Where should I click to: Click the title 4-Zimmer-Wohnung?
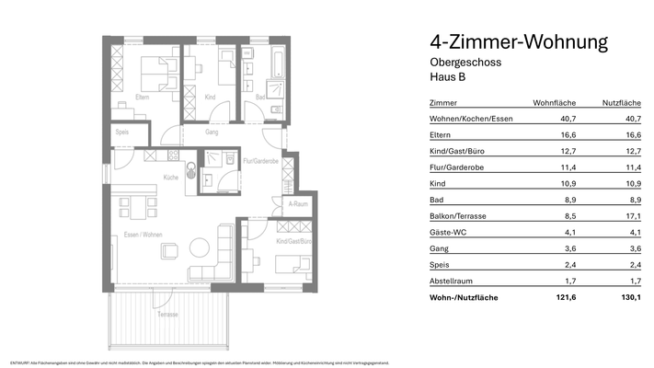[x=519, y=42]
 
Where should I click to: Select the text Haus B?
[x=447, y=77]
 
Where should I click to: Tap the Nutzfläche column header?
[x=621, y=103]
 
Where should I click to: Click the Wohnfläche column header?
[x=555, y=103]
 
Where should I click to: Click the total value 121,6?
[x=564, y=297]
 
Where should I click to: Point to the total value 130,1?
[x=630, y=297]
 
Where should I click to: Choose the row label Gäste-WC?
[x=448, y=233]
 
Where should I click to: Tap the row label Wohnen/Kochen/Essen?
[x=471, y=120]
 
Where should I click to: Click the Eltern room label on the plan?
[x=143, y=97]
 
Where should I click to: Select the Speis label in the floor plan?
[x=122, y=132]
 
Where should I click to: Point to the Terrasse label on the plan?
[x=166, y=315]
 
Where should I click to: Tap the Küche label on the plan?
[x=171, y=177]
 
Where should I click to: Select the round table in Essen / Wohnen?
[x=198, y=247]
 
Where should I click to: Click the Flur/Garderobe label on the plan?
[x=261, y=161]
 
